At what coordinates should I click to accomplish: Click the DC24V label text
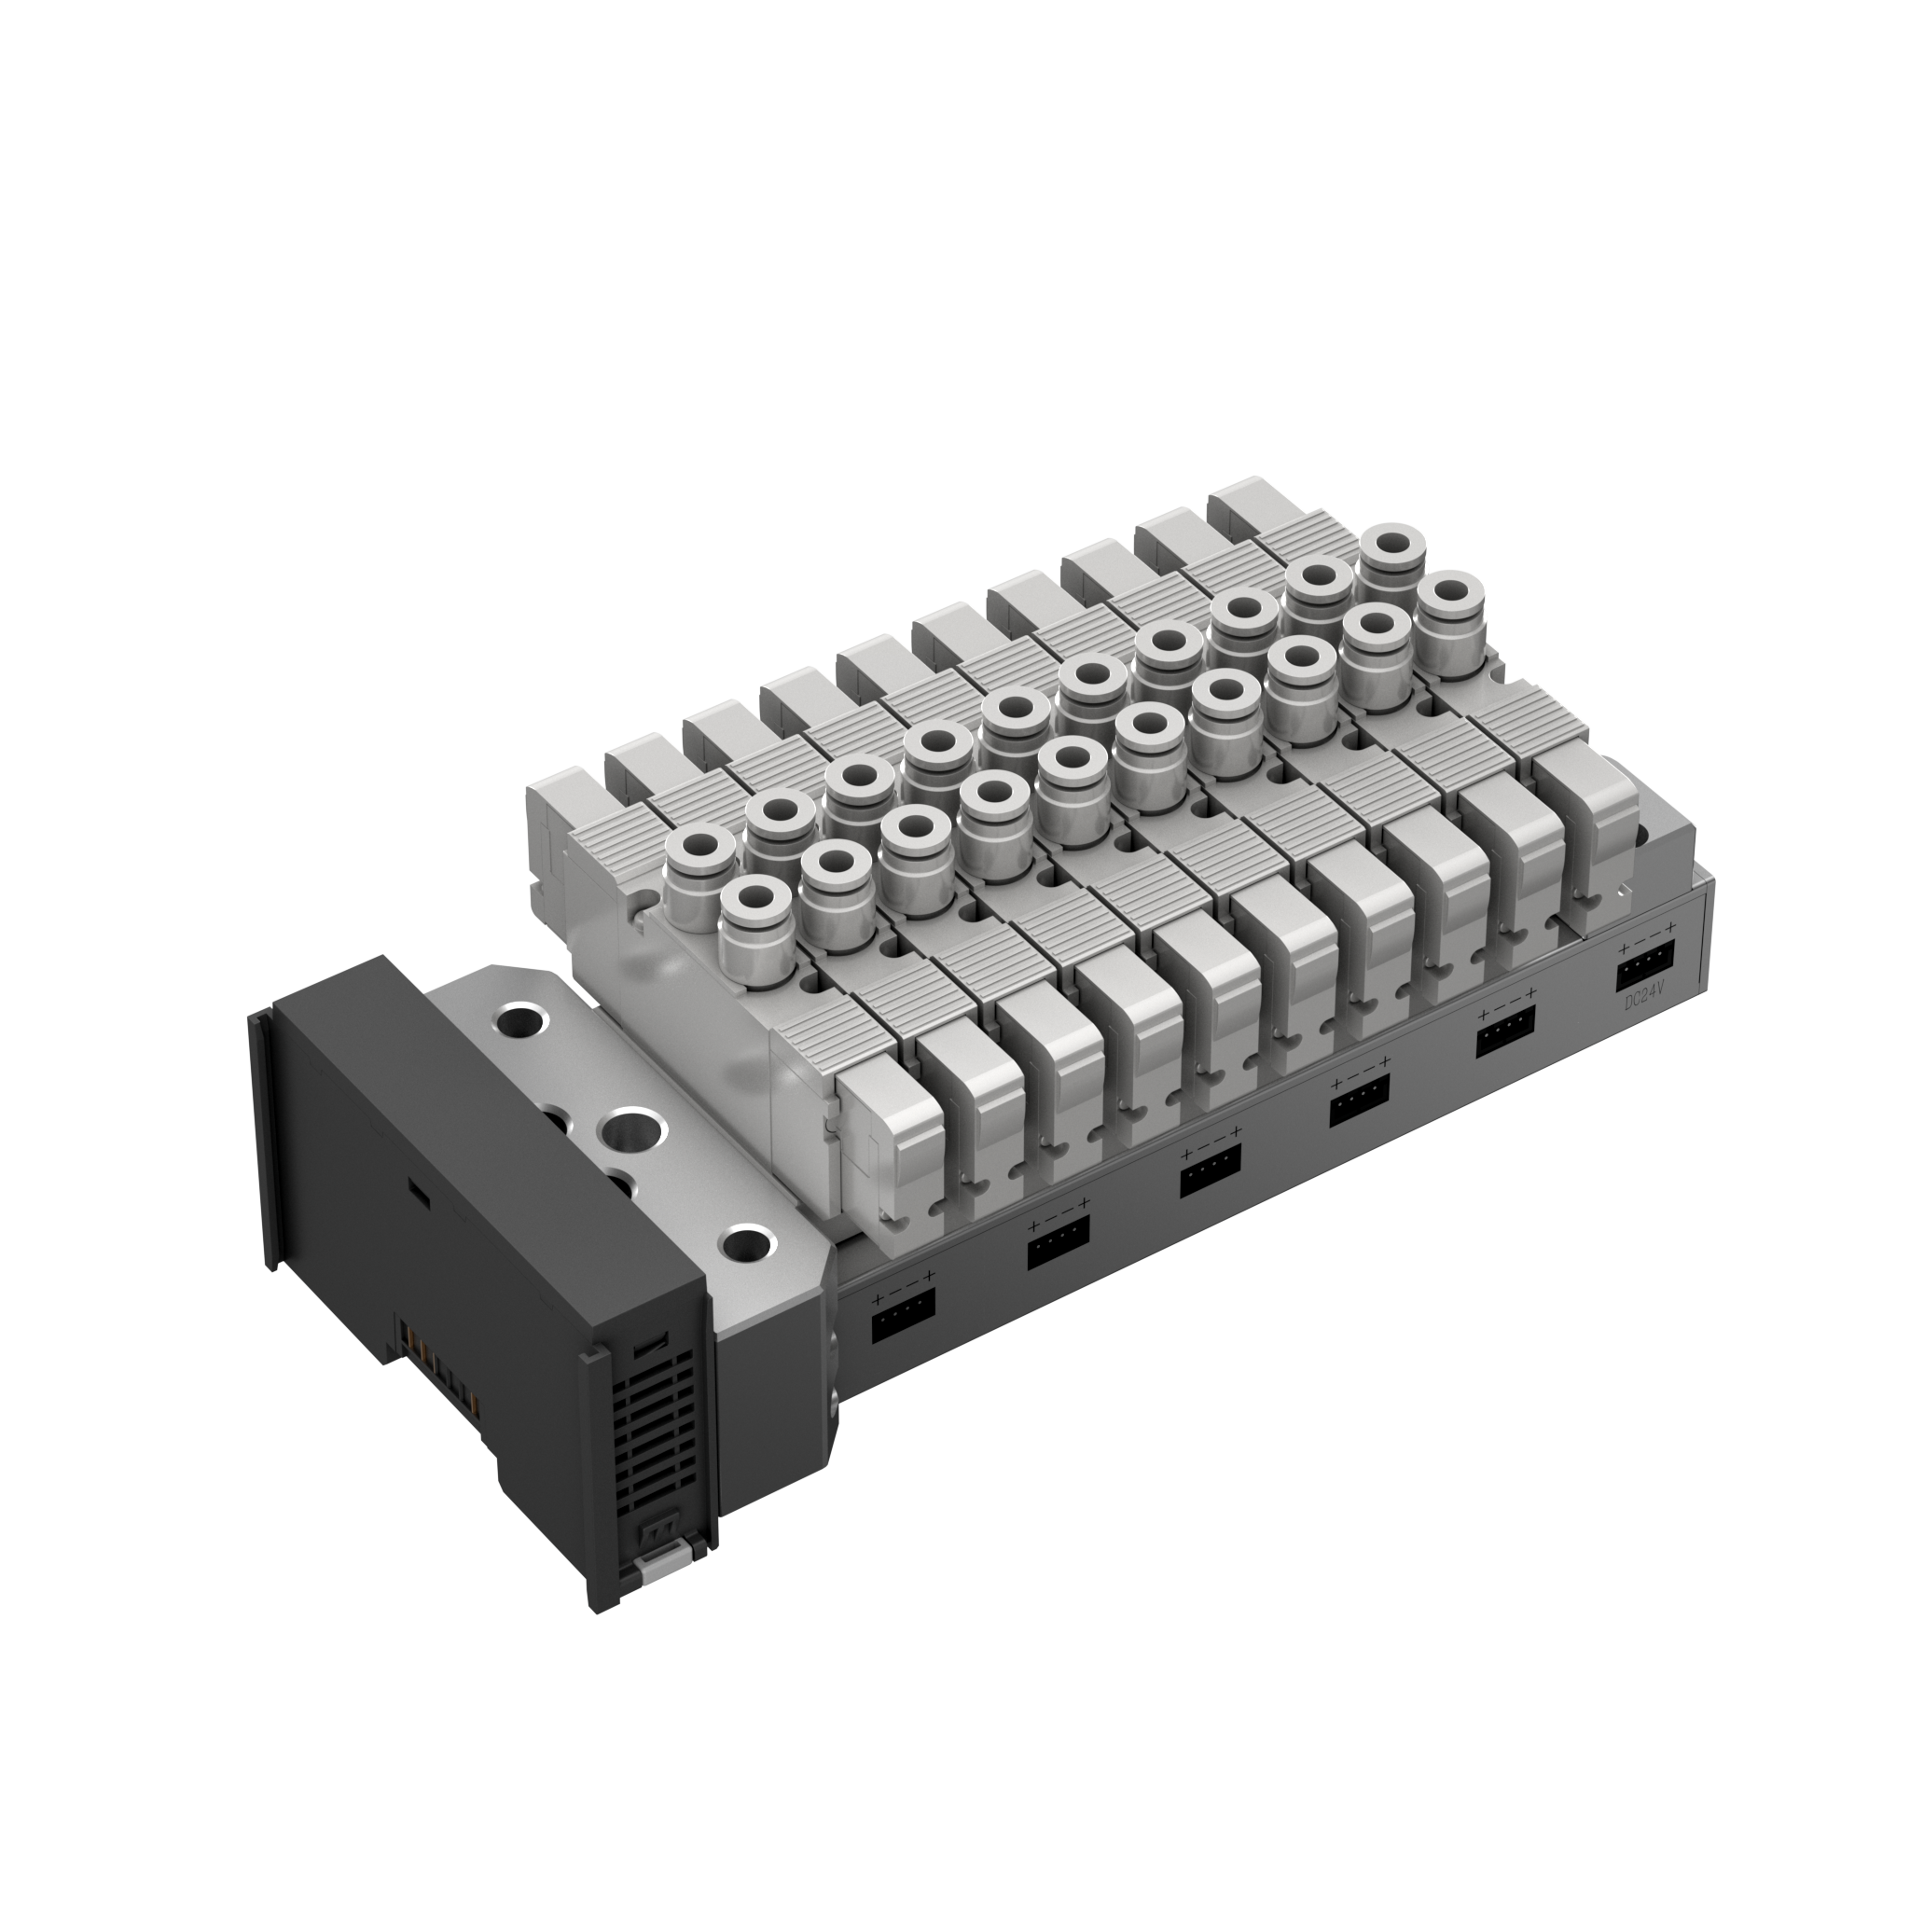(1645, 1002)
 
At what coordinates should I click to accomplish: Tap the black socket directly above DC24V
(1645, 964)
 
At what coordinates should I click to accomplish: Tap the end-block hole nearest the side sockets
(746, 1244)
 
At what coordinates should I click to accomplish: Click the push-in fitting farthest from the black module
(1450, 602)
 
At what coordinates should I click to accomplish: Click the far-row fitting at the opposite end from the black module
(1393, 546)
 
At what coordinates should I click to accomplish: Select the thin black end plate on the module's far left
(262, 1137)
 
